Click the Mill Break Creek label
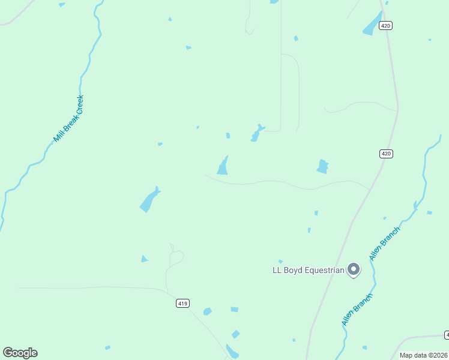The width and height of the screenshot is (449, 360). coord(68,119)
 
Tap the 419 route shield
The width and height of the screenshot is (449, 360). coord(183,304)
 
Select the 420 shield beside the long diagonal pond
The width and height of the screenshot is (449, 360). coord(386,25)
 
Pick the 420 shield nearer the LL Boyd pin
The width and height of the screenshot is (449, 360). coord(386,154)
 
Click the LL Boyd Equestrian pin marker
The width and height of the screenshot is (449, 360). coord(354,269)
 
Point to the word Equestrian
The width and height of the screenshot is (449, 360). coord(324,271)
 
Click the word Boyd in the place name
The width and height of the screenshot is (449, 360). coord(294,271)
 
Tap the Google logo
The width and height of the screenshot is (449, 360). coord(20,353)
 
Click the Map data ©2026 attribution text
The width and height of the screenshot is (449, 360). coord(423,355)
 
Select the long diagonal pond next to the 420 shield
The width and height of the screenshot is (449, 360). coord(372,24)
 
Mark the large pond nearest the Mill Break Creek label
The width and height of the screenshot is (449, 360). coord(149,200)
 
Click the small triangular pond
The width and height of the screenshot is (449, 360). coord(144,259)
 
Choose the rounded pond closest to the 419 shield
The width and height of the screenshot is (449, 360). coord(207,311)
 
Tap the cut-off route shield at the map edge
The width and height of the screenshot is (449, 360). coord(447,334)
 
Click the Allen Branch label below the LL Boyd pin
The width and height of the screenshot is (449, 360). coord(357,310)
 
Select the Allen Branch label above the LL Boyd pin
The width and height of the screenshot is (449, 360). coord(384,243)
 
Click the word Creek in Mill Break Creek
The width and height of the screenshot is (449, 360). coord(77,105)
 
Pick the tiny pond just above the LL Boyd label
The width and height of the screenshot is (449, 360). coord(280,262)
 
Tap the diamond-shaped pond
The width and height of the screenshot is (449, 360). coord(236,334)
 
